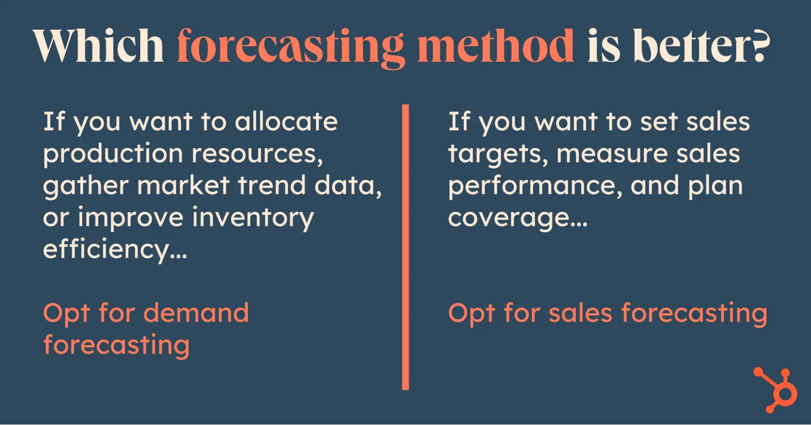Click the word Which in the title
tap(98, 45)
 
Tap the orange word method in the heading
tap(495, 45)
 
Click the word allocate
tap(286, 121)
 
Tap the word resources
tap(257, 155)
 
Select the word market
tap(183, 186)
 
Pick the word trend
tap(271, 186)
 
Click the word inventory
tap(253, 218)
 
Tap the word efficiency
tap(115, 250)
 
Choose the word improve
tap(131, 218)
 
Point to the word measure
tap(612, 155)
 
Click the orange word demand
tap(196, 313)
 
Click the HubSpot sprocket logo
tap(775, 390)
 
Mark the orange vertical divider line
tap(405, 247)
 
